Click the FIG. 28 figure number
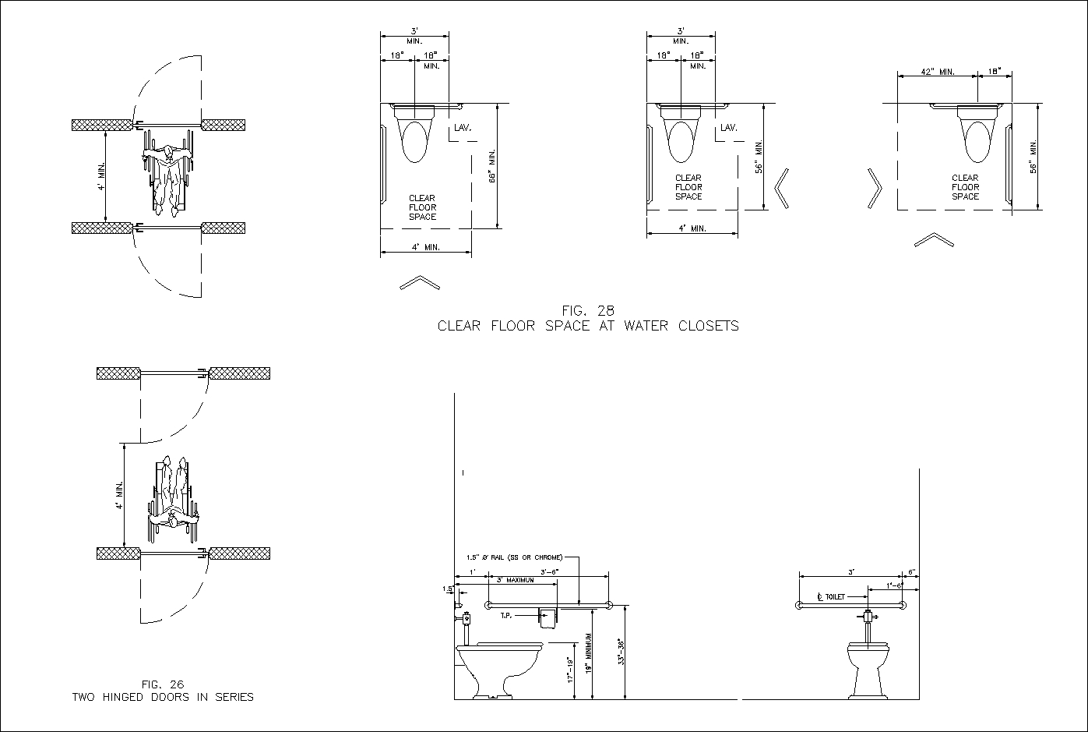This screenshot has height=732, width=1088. (588, 310)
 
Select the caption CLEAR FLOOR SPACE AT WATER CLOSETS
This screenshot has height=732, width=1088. (588, 326)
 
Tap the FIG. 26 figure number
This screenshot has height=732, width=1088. (163, 684)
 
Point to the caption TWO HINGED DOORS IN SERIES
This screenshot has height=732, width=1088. (163, 697)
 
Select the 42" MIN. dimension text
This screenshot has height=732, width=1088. (937, 72)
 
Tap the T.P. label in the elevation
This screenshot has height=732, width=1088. (506, 616)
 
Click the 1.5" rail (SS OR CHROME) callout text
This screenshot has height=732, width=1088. (514, 557)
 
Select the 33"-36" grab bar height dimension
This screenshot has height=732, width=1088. (621, 652)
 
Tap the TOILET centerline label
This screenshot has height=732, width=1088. (831, 596)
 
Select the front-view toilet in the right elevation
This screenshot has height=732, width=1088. (868, 667)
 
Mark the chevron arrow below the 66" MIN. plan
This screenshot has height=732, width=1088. (419, 282)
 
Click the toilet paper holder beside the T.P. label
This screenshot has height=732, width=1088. (549, 618)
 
